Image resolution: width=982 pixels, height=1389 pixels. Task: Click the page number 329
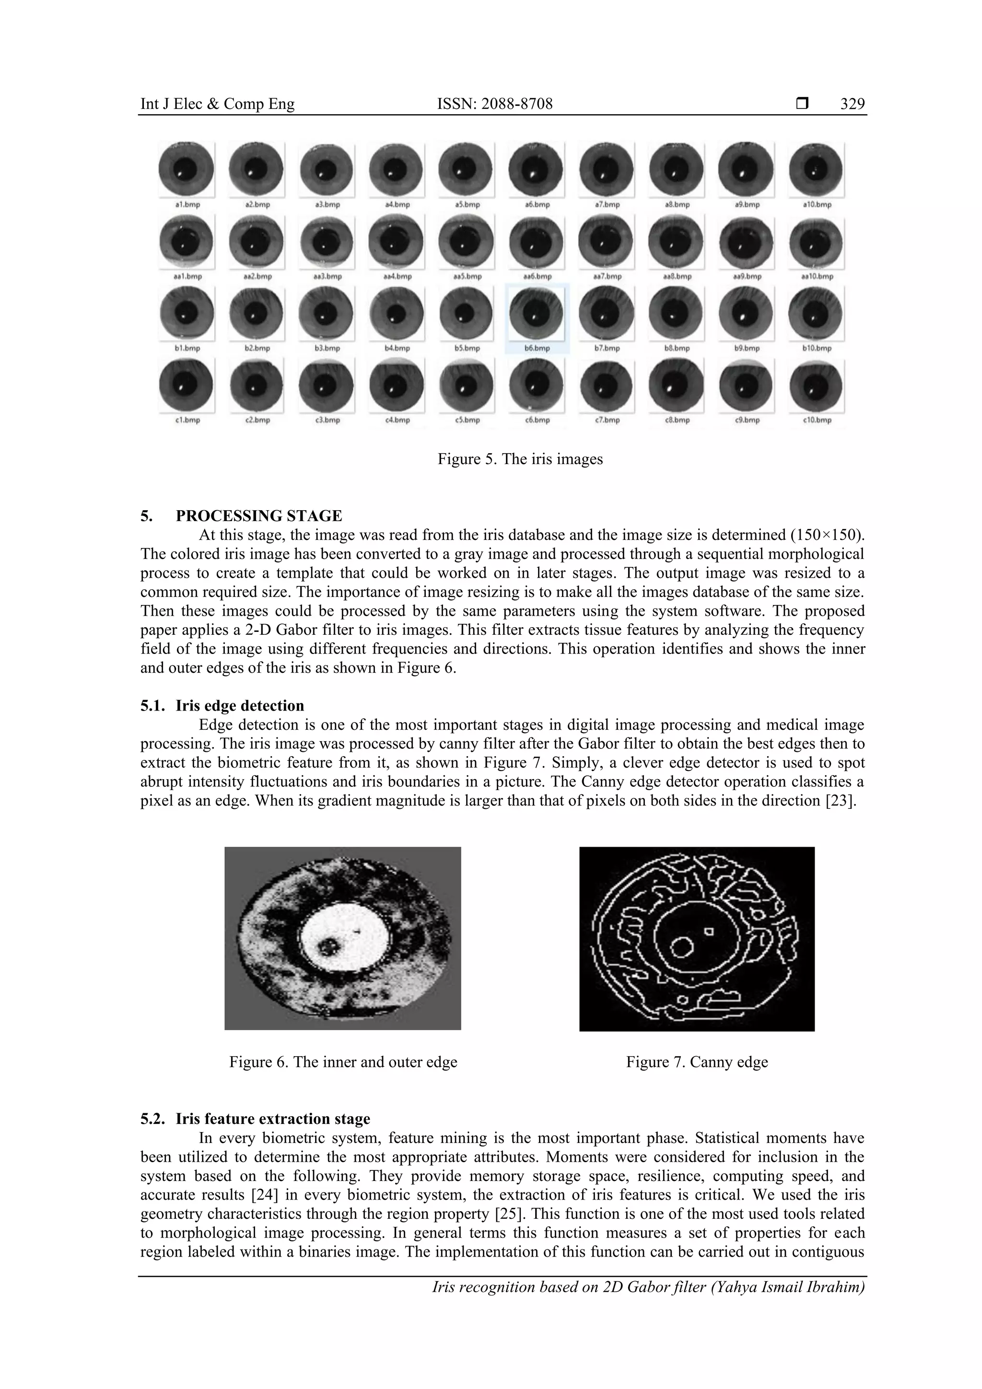tap(852, 104)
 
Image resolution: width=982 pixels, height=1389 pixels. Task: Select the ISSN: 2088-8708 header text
tap(494, 104)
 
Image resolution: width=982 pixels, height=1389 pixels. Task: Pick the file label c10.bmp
tap(817, 420)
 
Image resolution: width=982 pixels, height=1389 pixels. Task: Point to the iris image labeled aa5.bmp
tap(467, 242)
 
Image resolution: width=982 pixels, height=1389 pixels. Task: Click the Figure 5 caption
tap(520, 459)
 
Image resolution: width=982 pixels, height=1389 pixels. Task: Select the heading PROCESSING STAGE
tap(258, 516)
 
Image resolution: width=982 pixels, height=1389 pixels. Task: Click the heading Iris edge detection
tap(240, 706)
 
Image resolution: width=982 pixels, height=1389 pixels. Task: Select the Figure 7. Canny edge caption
tap(696, 1062)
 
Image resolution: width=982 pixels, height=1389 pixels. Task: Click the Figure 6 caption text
tap(343, 1062)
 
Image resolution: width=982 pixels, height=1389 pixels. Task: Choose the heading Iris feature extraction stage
tap(273, 1119)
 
